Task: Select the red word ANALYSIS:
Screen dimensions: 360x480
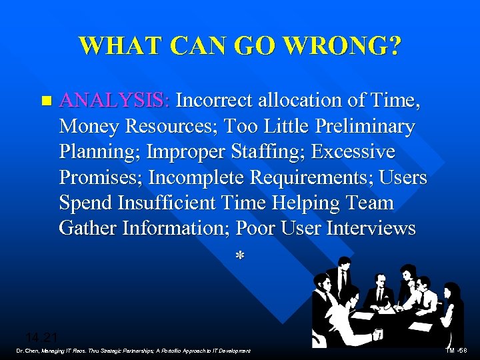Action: point(115,101)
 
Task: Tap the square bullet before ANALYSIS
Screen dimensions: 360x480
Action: point(45,101)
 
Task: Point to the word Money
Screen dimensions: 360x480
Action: point(88,126)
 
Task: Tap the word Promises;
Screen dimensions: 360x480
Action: point(101,177)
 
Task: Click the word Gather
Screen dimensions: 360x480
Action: point(87,229)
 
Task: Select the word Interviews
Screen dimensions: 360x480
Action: point(371,229)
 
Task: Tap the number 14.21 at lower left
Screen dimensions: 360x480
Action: point(41,337)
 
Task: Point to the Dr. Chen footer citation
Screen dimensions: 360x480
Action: point(133,351)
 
